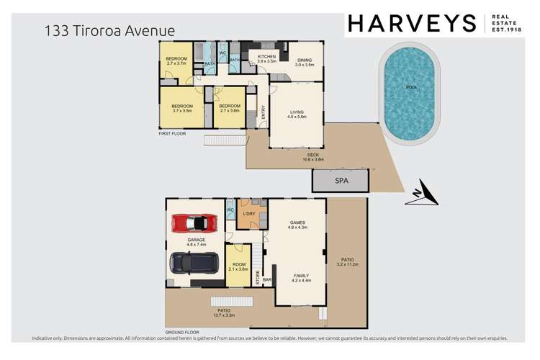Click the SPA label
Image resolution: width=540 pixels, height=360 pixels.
coord(341,181)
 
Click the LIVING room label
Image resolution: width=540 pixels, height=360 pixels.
coord(297,112)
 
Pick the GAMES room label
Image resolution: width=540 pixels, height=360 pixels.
coord(297,223)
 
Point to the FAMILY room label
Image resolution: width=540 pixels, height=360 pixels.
coord(300,275)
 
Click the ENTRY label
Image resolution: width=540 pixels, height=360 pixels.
coord(264,112)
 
